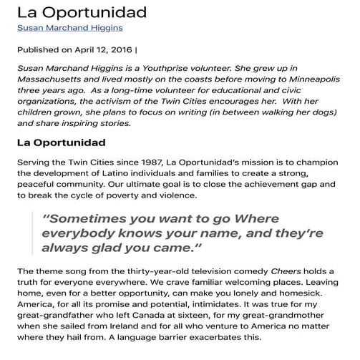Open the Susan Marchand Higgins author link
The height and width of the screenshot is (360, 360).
[x=69, y=28]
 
